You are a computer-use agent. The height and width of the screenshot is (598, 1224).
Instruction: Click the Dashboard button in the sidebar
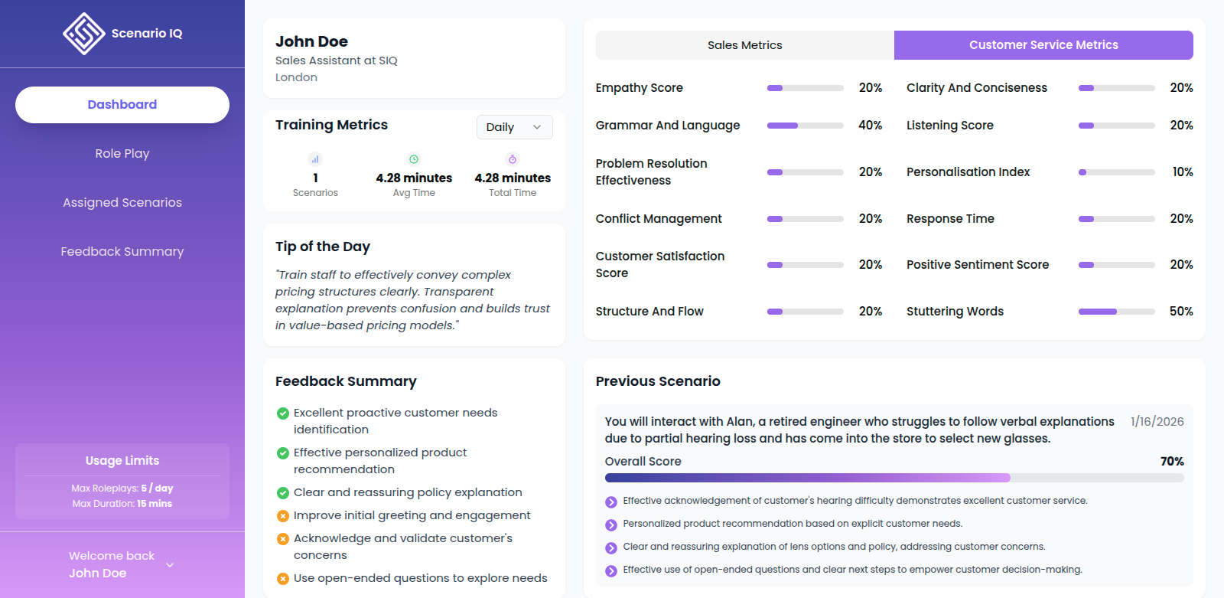122,105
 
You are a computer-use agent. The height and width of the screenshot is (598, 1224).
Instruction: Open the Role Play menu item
122,154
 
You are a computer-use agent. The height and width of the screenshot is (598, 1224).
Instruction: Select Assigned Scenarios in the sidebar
122,203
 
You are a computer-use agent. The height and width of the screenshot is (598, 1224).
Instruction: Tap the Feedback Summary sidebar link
122,252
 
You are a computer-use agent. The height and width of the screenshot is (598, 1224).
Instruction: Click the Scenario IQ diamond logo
83,34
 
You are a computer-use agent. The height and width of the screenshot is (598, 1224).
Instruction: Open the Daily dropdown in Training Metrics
514,127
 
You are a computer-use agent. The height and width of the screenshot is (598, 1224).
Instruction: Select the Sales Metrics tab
744,45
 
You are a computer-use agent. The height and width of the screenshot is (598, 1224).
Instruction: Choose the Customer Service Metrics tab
1043,45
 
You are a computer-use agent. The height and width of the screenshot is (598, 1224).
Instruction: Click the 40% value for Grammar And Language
870,126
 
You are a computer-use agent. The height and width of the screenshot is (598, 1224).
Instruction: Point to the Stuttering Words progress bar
1116,312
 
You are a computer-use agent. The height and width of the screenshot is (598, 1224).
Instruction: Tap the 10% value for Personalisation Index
1182,172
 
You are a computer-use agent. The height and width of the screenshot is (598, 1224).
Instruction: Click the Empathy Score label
639,88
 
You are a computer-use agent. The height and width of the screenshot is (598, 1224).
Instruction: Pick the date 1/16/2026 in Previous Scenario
1157,422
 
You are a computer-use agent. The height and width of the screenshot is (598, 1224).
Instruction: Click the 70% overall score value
1171,462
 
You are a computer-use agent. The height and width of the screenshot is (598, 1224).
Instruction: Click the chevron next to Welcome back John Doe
170,565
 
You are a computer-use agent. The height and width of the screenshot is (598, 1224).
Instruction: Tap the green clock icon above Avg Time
414,159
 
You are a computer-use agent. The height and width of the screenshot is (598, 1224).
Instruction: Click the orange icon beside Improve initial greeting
283,516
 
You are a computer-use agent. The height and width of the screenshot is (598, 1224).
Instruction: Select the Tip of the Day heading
322,247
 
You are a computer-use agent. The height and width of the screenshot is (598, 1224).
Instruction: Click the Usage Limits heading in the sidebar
122,461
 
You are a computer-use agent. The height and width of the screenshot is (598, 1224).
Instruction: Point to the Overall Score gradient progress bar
894,478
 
